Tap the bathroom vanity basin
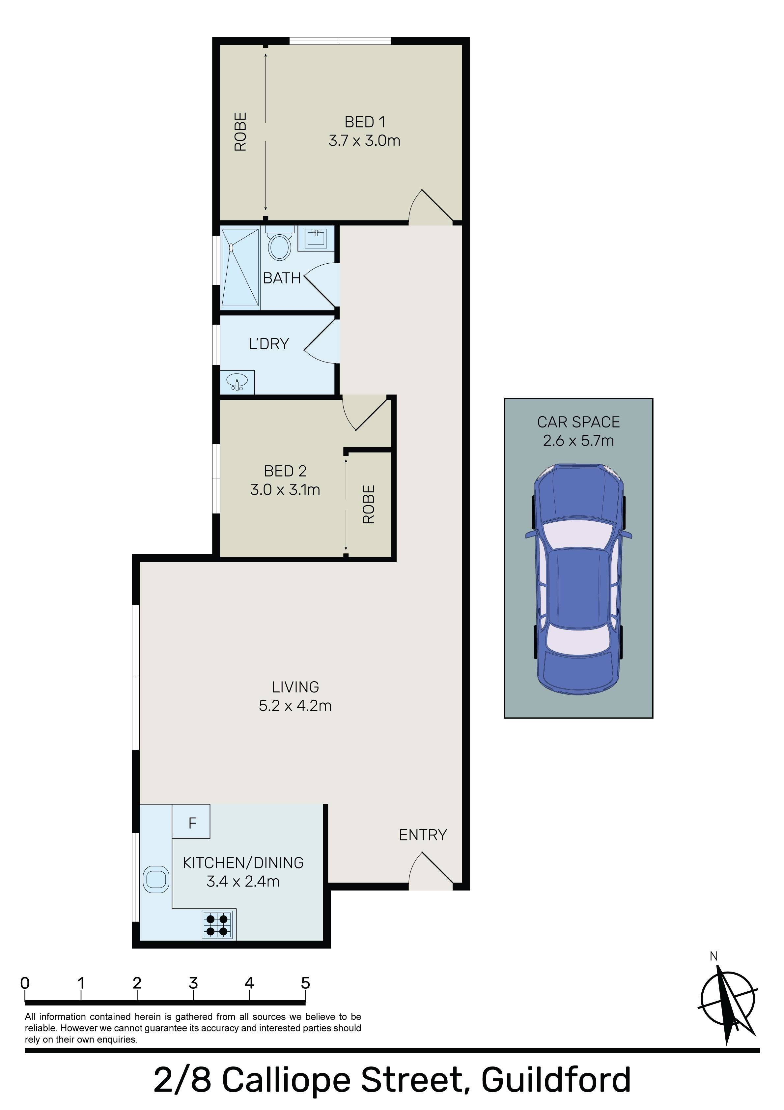click(x=316, y=239)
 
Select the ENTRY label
click(x=422, y=835)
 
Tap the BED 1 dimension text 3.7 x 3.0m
click(x=364, y=141)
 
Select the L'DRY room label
click(x=269, y=344)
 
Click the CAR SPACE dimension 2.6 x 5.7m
click(x=578, y=440)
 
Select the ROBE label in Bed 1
click(x=240, y=131)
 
